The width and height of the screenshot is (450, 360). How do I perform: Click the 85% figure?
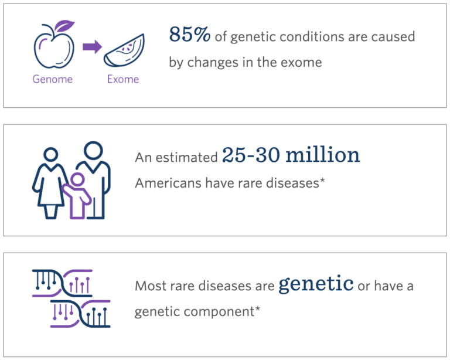[190, 36]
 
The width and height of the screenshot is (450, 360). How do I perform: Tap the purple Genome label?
[53, 79]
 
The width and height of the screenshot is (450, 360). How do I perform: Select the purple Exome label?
[123, 79]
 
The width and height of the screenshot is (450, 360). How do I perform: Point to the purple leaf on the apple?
[66, 26]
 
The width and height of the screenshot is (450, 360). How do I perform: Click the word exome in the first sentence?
[302, 62]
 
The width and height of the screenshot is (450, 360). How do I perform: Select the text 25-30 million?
[291, 155]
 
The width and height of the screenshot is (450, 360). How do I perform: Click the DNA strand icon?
[71, 298]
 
